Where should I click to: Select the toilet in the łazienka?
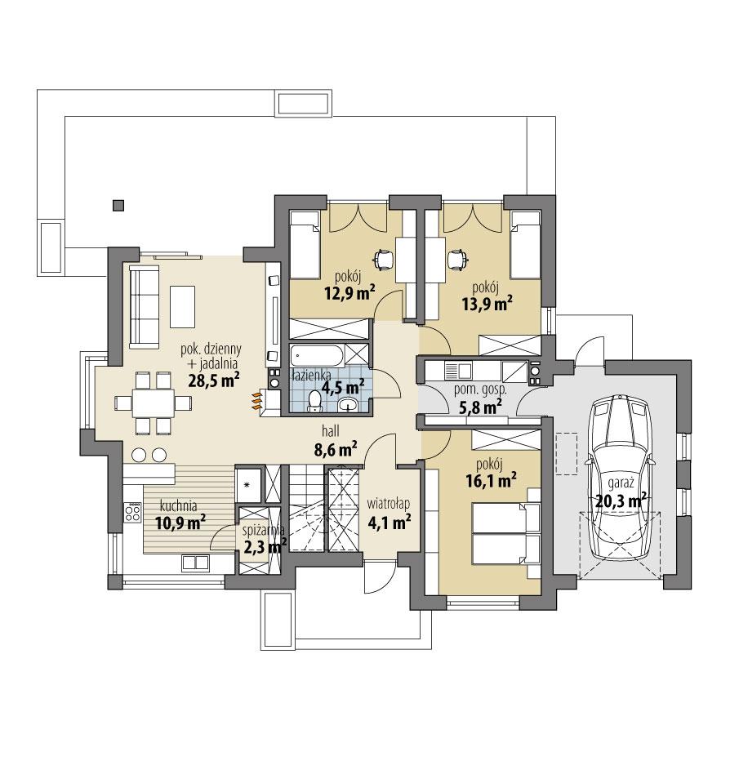pos(315,401)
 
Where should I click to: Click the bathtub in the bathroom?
pos(316,356)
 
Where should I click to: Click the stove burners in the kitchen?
pos(131,513)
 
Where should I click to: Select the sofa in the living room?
pos(145,306)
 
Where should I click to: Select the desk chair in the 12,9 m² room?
pos(382,259)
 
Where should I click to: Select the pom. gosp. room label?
pos(480,390)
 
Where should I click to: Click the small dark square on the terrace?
pos(119,205)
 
